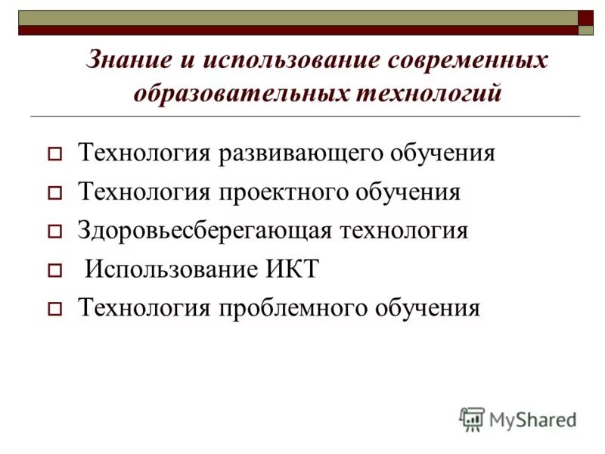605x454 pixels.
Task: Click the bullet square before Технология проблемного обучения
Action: pyautogui.click(x=54, y=309)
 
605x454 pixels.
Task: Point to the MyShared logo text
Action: pyautogui.click(x=532, y=418)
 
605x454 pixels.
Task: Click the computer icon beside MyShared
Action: pyautogui.click(x=472, y=418)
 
